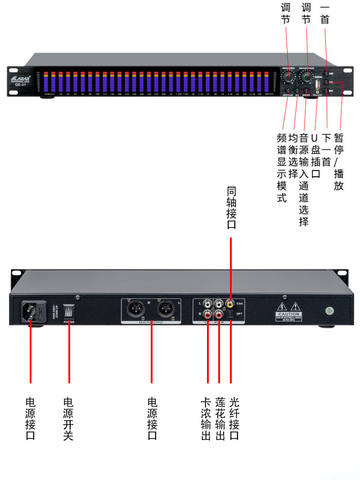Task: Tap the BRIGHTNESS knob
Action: point(307,77)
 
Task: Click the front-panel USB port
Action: point(317,85)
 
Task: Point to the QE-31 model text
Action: point(20,85)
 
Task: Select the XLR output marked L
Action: point(165,310)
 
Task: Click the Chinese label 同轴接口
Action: point(231,208)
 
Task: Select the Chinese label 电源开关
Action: point(68,418)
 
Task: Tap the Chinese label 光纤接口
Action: point(234,418)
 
